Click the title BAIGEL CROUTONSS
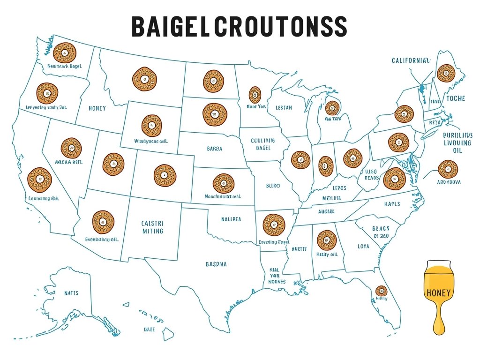(239, 27)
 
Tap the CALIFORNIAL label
(411, 60)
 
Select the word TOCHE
(455, 98)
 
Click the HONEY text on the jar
(439, 293)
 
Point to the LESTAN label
(284, 108)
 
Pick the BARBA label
(214, 149)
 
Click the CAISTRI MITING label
(152, 227)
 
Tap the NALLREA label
(231, 219)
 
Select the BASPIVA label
(216, 264)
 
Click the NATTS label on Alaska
(71, 293)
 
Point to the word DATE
(149, 330)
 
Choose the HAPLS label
(391, 204)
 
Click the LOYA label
(363, 246)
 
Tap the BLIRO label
(273, 186)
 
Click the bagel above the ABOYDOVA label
(448, 169)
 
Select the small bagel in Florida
(381, 291)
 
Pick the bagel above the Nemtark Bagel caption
(65, 53)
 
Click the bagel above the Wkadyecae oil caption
(151, 125)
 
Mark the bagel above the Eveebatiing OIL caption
(103, 222)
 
